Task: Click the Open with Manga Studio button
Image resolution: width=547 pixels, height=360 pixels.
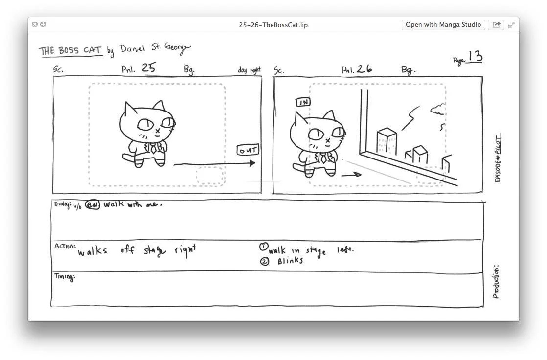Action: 443,25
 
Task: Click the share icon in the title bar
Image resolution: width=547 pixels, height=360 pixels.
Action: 496,25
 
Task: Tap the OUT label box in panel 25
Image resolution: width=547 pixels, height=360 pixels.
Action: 248,150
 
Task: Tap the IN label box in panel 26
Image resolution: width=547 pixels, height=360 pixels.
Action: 303,102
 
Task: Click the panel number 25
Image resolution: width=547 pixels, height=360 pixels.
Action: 148,68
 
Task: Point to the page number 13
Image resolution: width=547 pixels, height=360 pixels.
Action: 474,57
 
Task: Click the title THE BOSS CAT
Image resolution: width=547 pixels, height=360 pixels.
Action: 70,51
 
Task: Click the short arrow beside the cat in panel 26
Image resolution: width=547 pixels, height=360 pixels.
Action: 351,174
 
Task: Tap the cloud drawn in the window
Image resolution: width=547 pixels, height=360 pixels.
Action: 437,109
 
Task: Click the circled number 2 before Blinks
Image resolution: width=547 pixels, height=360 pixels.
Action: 265,261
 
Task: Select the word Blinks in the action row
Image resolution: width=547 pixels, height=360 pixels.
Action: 290,261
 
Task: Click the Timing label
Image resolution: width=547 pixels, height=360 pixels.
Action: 64,277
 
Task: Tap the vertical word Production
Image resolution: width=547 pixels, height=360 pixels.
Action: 496,282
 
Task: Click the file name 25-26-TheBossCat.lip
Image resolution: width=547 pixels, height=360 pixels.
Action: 273,25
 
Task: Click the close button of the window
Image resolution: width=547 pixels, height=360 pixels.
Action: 35,24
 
